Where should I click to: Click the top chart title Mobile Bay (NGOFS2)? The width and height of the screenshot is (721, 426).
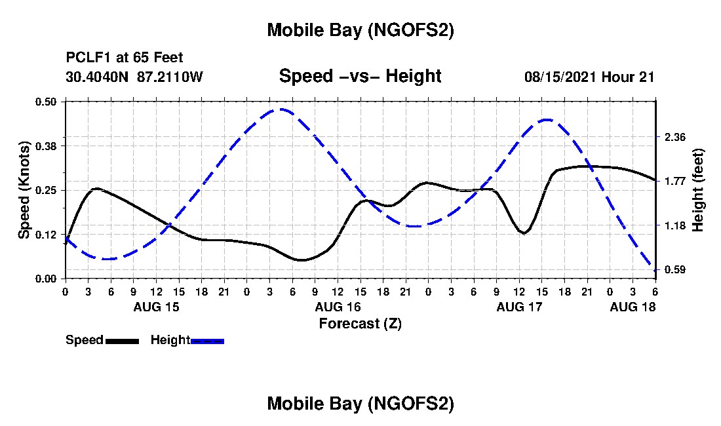point(360,31)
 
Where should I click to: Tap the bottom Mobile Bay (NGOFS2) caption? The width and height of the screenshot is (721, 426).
point(360,404)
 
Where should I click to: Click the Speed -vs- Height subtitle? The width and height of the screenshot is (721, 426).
point(360,76)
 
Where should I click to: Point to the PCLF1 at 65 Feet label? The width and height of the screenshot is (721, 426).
point(125,57)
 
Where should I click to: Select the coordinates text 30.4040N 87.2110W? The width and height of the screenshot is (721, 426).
point(134,77)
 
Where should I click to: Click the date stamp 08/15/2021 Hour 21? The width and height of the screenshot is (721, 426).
point(589,77)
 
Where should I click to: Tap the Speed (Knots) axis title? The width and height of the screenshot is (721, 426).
point(24,190)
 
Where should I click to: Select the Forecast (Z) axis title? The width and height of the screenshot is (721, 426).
point(360,323)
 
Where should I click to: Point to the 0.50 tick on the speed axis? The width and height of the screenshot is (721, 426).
point(47,102)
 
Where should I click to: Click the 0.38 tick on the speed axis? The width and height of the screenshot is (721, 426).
point(47,145)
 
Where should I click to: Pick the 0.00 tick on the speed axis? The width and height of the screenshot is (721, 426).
point(47,279)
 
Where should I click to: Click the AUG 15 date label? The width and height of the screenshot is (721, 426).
point(157,307)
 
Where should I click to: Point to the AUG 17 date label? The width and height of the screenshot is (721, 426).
point(519,307)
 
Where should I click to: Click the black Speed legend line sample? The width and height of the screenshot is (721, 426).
point(122,341)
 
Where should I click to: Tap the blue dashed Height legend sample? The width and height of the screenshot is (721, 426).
point(207,341)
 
